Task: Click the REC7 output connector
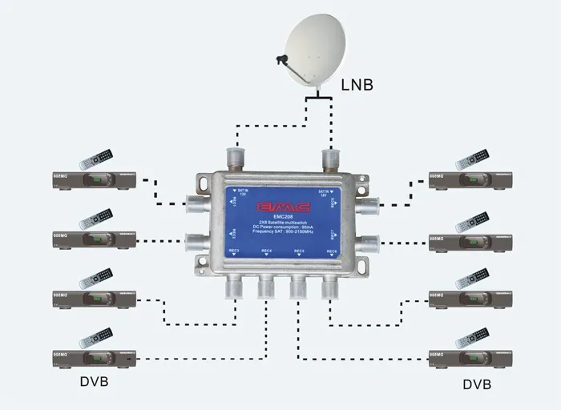tap(368, 243)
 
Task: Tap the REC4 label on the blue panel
tap(265, 251)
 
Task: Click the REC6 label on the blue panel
tap(331, 251)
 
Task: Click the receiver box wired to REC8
tap(468, 179)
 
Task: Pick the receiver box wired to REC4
tap(93, 358)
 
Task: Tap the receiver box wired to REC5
tap(468, 358)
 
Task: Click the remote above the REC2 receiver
tap(96, 219)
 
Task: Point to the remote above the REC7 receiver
tap(471, 222)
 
